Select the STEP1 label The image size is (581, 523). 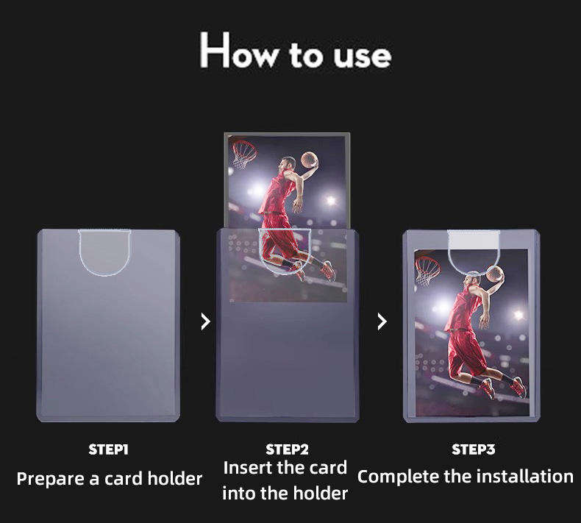108,449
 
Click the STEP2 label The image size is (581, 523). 287,449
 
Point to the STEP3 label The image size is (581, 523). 473,449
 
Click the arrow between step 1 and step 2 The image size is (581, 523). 206,321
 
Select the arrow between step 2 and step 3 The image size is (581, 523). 382,321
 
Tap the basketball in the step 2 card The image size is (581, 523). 310,160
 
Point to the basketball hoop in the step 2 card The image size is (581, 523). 244,154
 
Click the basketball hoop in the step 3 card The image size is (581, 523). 427,270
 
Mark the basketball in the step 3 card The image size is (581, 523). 496,274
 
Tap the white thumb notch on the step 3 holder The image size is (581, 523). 474,241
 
